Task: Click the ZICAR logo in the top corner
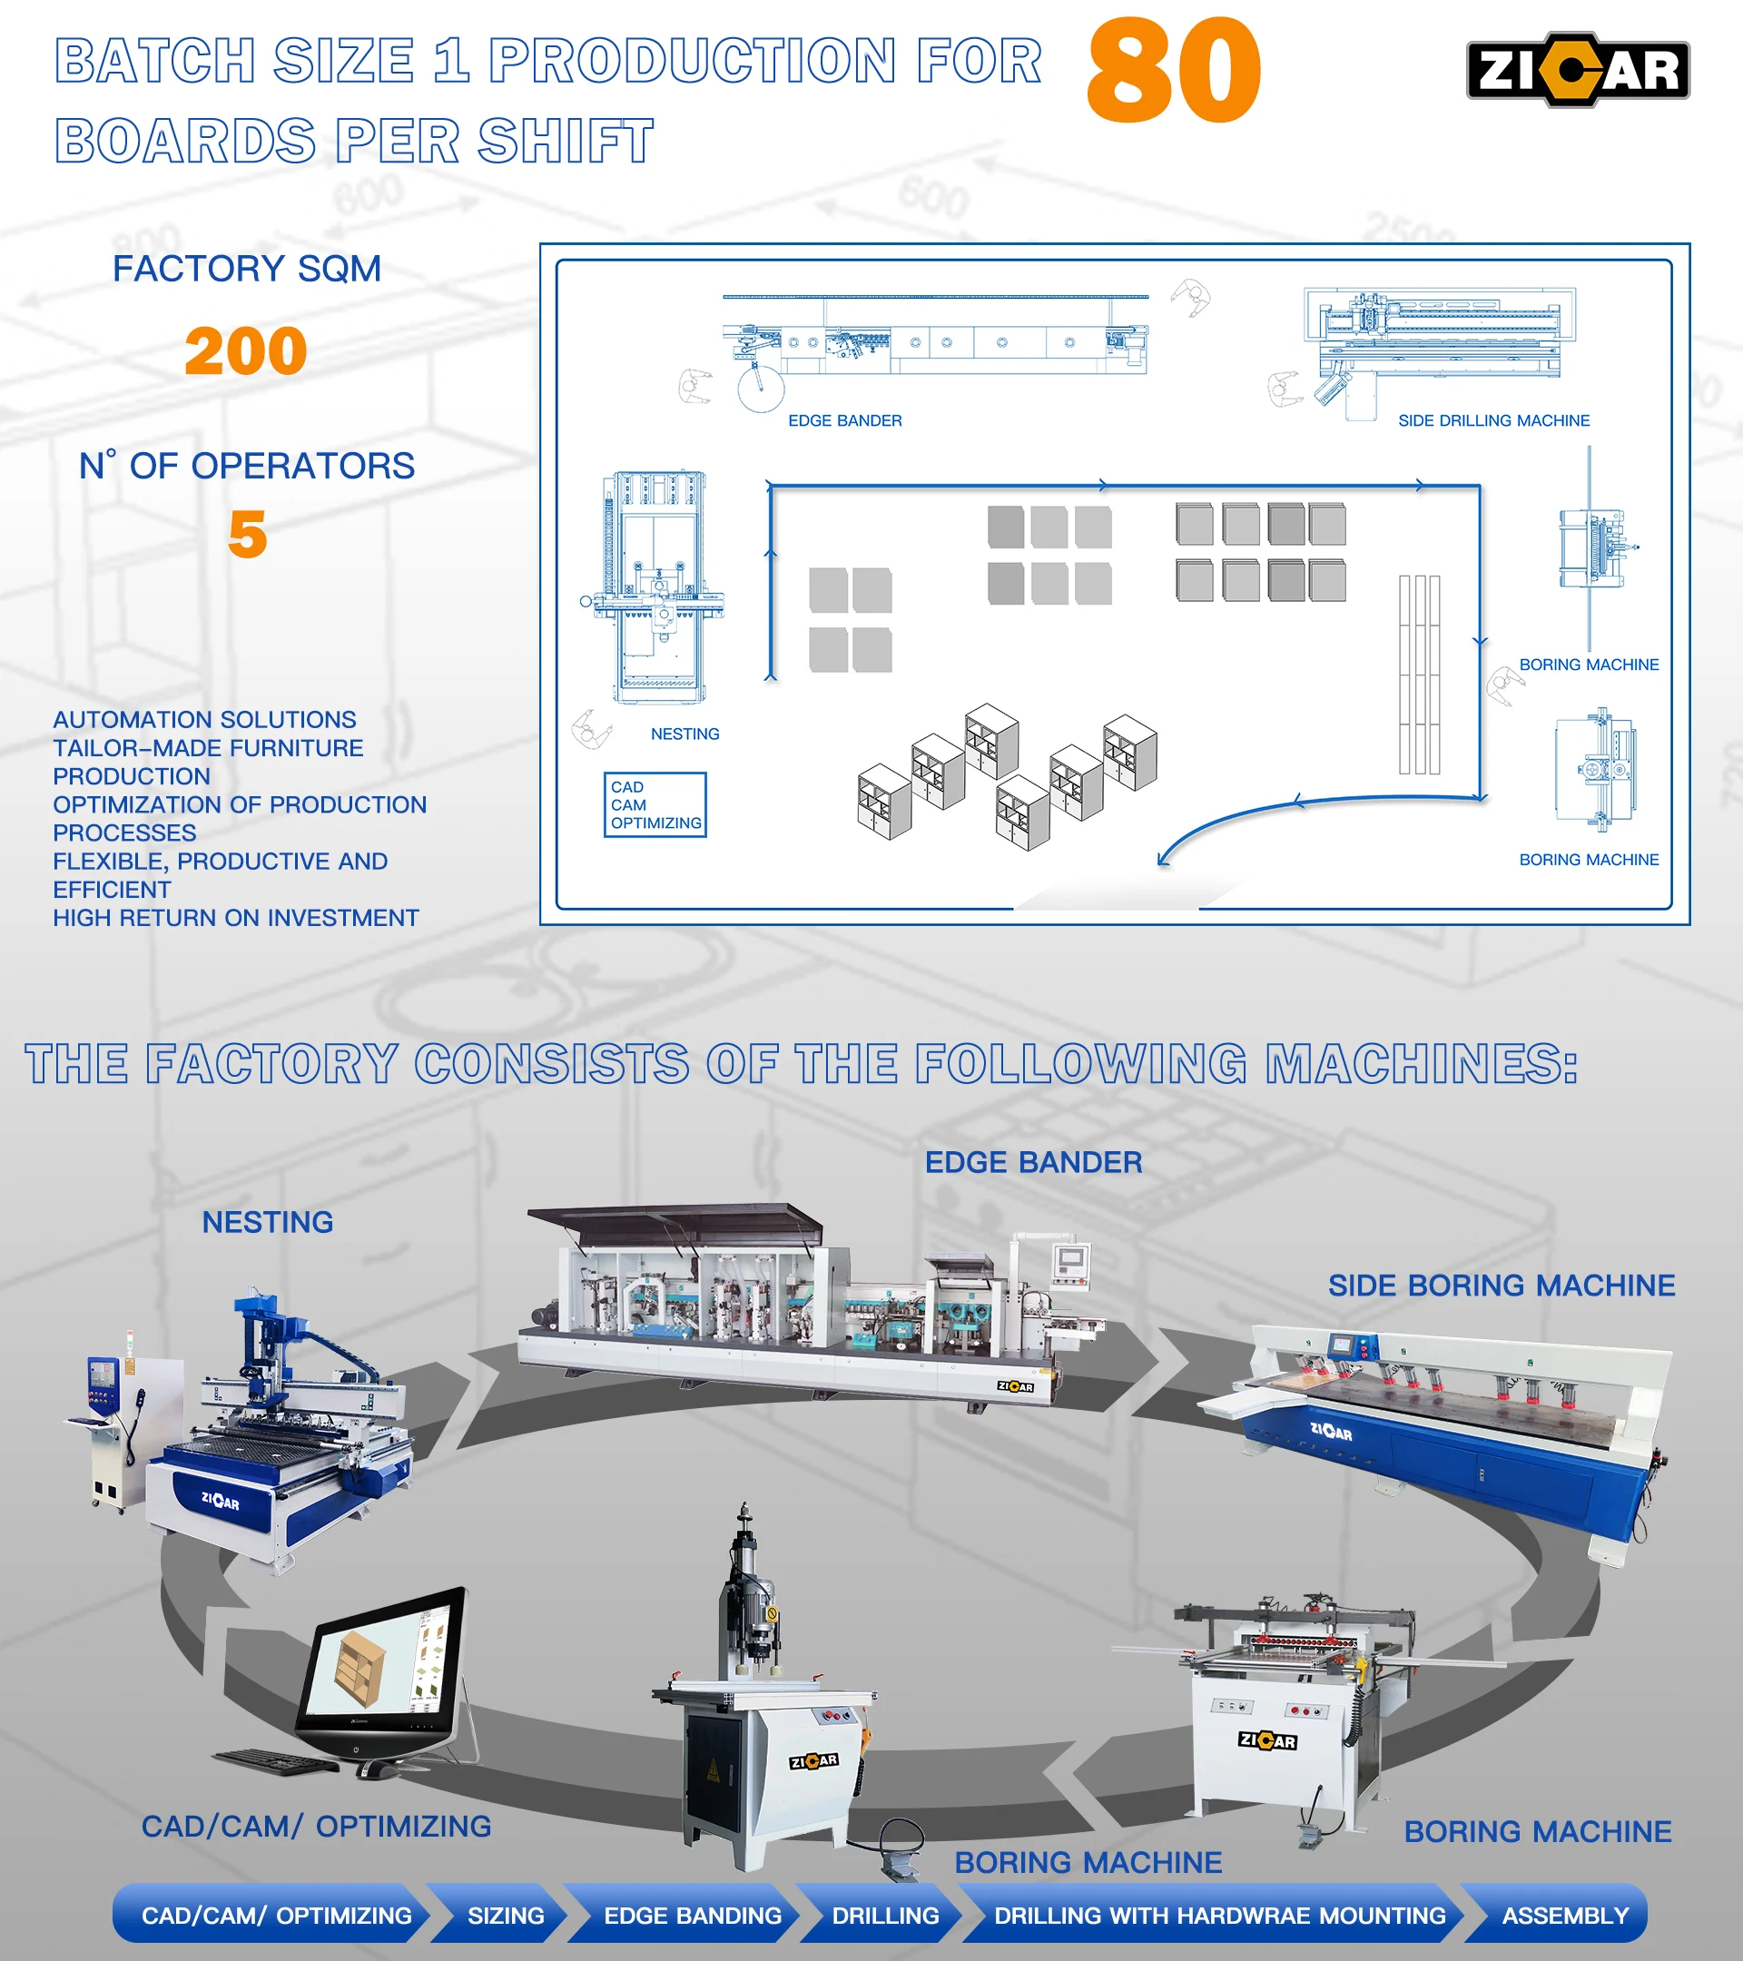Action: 1577,70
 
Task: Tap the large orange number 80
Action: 1173,71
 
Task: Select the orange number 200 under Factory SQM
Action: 246,351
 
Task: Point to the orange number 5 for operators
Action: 248,535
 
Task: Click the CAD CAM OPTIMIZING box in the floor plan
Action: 655,805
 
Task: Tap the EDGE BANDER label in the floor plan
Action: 844,420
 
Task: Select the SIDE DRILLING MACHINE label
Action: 1493,420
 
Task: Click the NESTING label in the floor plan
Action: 684,734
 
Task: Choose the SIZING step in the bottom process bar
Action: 506,1915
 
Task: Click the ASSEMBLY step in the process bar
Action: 1564,1915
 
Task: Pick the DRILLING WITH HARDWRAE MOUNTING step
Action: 1219,1915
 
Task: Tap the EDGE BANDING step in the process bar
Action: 692,1915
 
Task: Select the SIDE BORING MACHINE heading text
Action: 1502,1285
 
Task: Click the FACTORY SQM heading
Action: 247,269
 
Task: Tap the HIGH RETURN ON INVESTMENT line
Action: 236,918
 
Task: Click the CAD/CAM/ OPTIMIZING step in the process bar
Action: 276,1915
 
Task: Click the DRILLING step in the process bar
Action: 884,1915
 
